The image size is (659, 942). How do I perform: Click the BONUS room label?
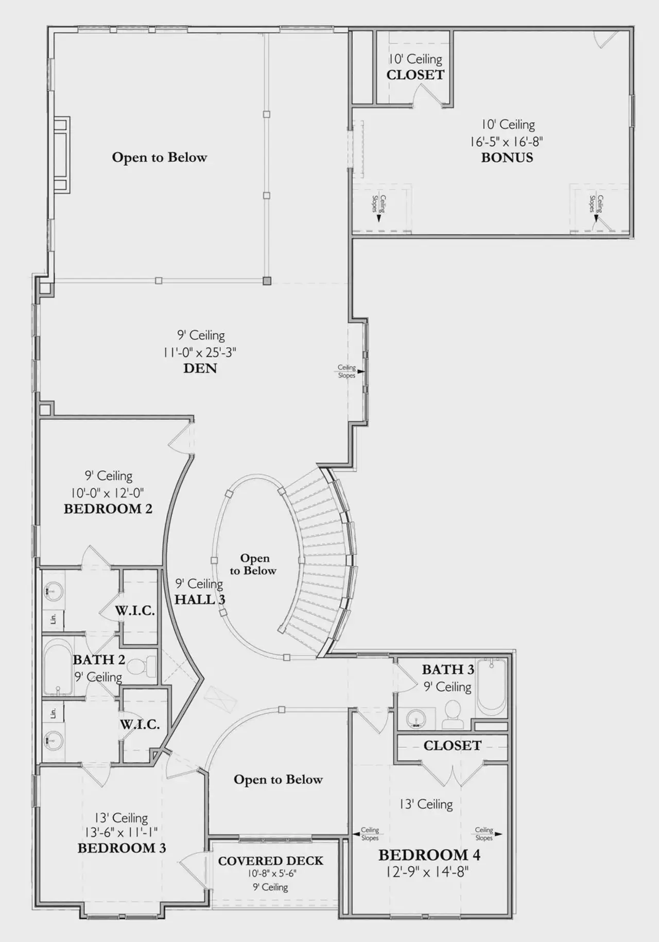click(x=507, y=158)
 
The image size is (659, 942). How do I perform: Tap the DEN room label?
click(x=200, y=368)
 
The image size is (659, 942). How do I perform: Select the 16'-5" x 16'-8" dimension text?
click(x=506, y=141)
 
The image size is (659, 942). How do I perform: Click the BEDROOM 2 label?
click(x=108, y=509)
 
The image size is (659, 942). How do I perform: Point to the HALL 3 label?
click(x=200, y=600)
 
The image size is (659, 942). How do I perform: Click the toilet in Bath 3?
click(x=453, y=715)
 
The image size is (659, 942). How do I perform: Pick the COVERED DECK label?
click(x=271, y=861)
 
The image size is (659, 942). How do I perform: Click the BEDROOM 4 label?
click(x=429, y=855)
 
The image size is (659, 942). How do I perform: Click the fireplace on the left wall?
click(x=62, y=155)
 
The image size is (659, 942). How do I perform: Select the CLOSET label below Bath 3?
click(x=452, y=745)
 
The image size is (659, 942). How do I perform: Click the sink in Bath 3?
click(x=416, y=718)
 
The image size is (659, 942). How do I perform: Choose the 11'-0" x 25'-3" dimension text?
click(x=200, y=352)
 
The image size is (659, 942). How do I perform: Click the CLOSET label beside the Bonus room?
click(x=415, y=75)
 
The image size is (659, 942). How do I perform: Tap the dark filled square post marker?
click(x=267, y=281)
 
